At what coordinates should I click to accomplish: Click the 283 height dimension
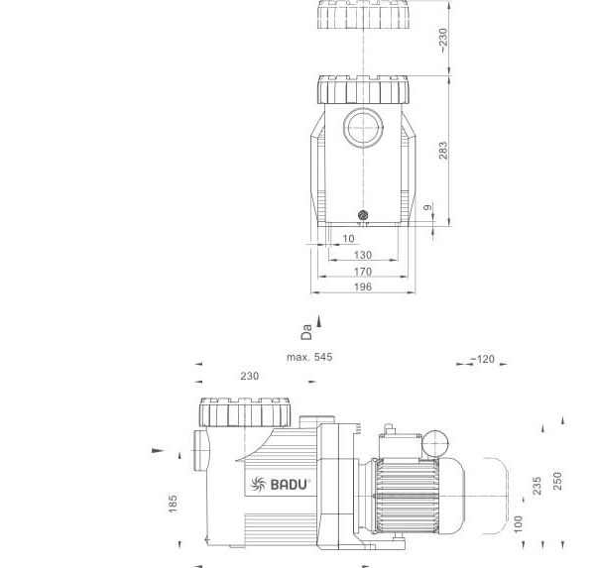click(443, 151)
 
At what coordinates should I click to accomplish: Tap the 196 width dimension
click(363, 286)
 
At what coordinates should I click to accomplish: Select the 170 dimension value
click(363, 272)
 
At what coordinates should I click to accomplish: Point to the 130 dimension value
click(363, 255)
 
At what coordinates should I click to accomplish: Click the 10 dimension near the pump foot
click(348, 238)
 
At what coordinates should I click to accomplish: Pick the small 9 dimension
click(427, 207)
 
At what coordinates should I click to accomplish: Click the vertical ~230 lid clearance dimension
click(443, 41)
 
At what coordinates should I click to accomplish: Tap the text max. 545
click(309, 357)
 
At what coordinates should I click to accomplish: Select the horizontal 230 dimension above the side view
click(250, 376)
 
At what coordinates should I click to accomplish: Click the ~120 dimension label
click(483, 359)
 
